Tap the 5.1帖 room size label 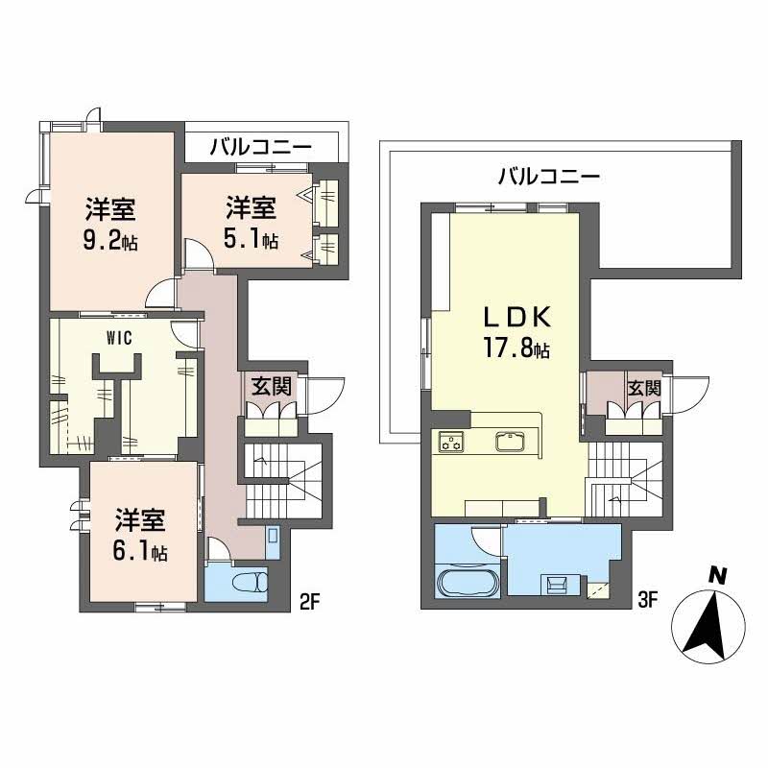tap(252, 240)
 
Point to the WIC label tap(118, 338)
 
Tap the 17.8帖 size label tap(516, 349)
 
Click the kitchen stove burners tap(451, 443)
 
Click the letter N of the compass tap(715, 576)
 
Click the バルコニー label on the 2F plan tap(259, 148)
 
